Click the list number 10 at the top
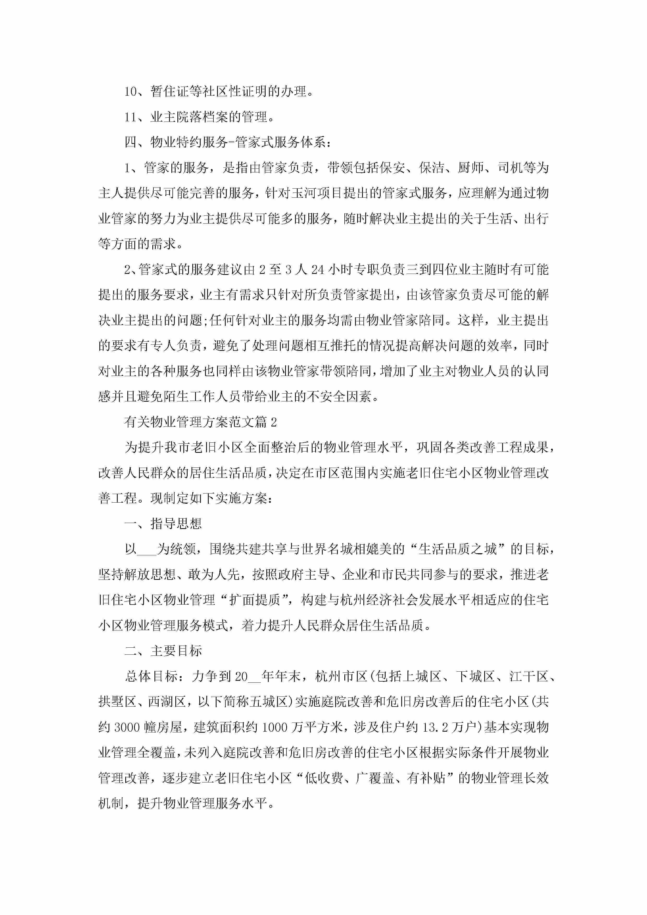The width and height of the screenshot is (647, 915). (x=131, y=92)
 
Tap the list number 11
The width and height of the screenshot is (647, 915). (x=131, y=117)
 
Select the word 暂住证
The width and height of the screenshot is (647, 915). (x=170, y=92)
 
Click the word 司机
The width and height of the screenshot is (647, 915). (x=510, y=168)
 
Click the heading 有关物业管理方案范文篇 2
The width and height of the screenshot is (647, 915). (x=201, y=422)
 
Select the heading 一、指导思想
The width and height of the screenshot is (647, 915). (x=163, y=524)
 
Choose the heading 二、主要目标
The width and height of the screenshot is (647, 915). (x=163, y=651)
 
